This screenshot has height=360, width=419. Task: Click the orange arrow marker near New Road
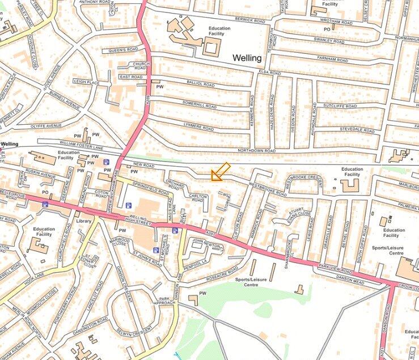[220, 172]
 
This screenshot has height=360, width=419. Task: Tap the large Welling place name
[247, 58]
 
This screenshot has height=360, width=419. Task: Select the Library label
[84, 221]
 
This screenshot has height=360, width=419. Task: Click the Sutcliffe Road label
[340, 106]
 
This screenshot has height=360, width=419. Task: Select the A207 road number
[211, 233]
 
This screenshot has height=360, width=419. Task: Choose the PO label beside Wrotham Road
[327, 29]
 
